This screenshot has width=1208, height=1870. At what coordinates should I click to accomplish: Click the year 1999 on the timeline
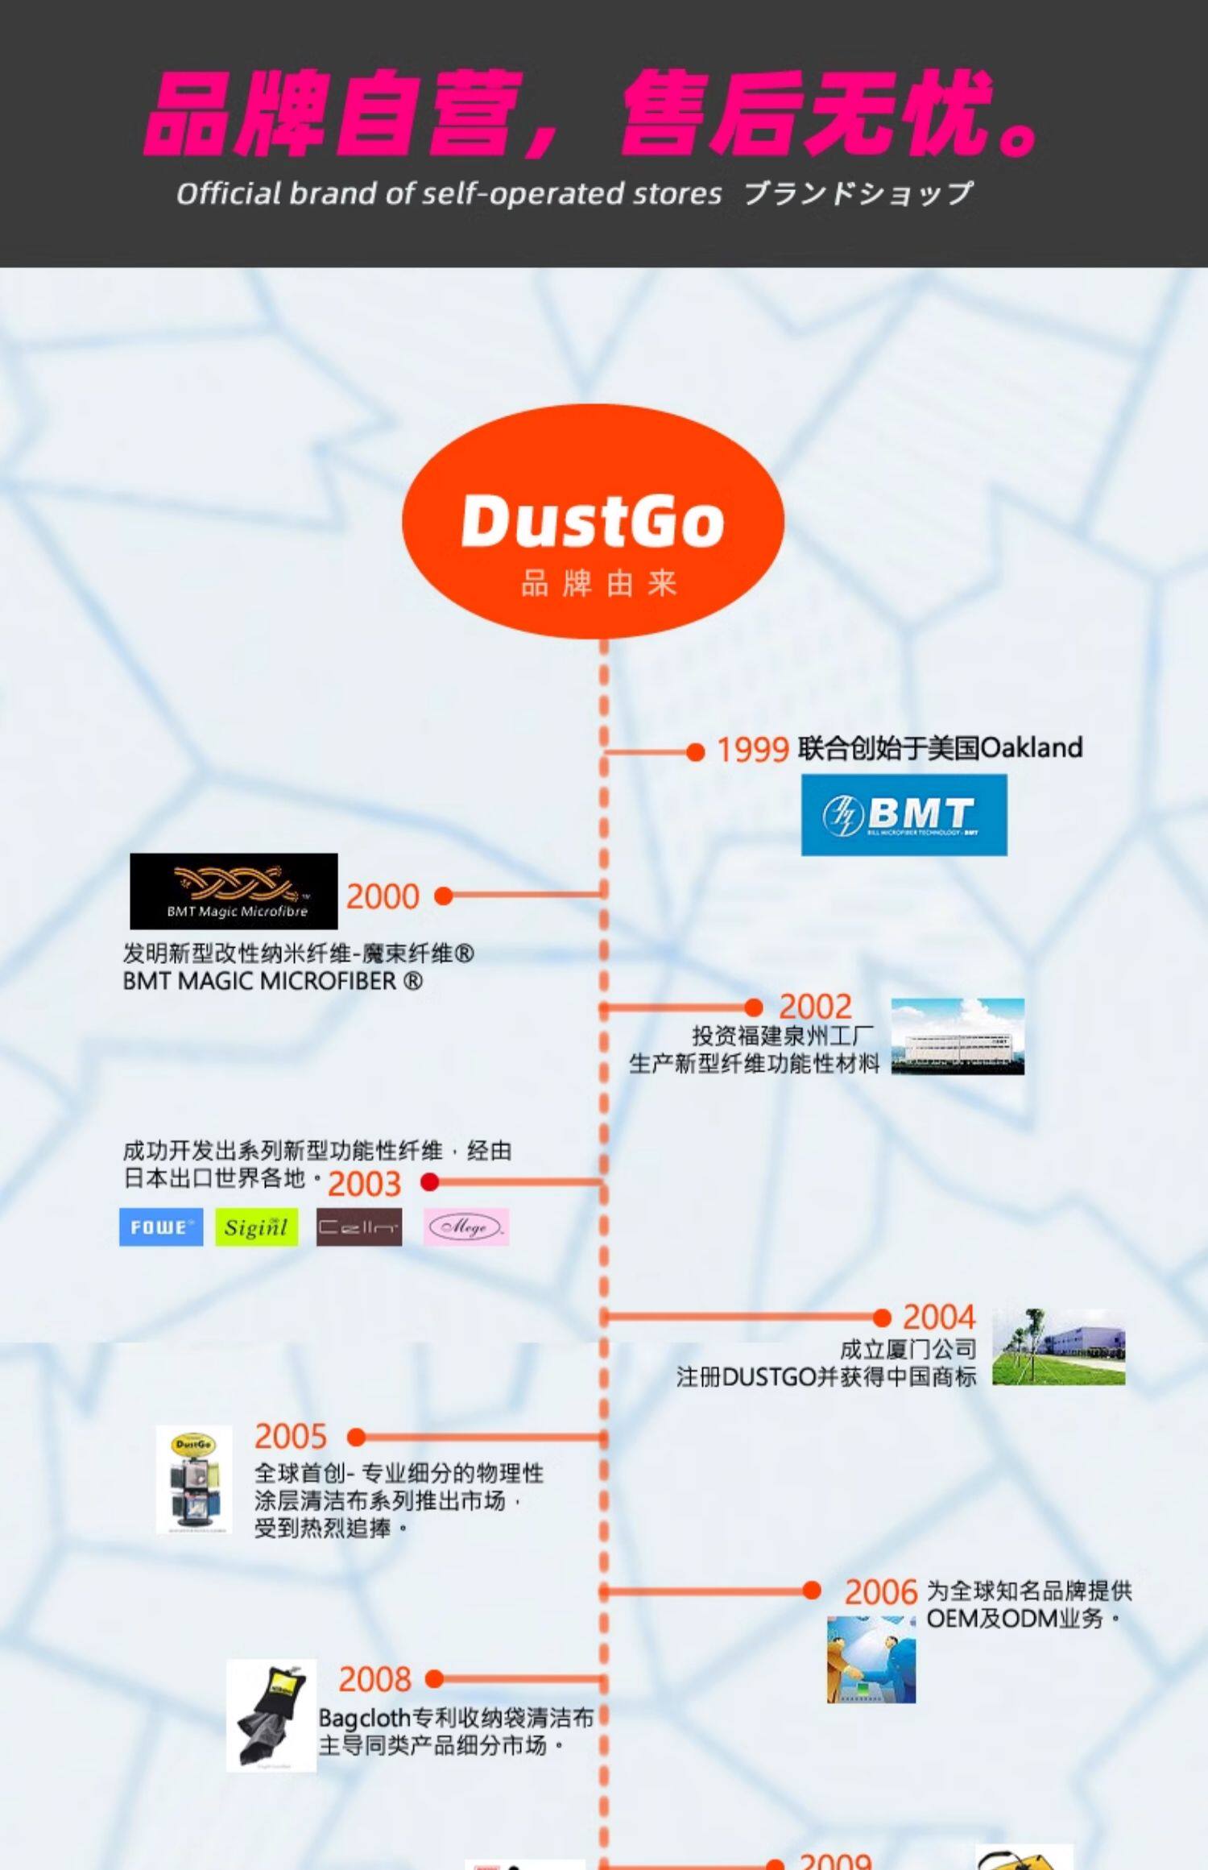tap(751, 750)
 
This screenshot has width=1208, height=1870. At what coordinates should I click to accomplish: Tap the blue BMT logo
tap(904, 814)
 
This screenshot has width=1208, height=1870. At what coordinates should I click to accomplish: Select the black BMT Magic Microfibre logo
tap(234, 891)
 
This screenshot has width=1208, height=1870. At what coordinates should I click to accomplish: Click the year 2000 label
tap(383, 896)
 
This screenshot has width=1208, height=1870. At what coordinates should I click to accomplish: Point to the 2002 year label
tap(815, 1007)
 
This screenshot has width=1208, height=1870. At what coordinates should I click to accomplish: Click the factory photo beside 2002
tap(958, 1036)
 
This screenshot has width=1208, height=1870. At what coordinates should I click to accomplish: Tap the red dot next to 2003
tap(429, 1181)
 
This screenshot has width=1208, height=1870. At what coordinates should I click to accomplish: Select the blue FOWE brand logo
tap(161, 1227)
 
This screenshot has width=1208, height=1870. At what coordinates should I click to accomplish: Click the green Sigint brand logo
tap(256, 1227)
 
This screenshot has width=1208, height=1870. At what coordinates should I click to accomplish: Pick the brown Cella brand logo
tap(358, 1227)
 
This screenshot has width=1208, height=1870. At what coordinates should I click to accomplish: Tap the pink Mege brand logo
tap(466, 1227)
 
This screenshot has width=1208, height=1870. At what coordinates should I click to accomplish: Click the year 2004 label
tap(938, 1318)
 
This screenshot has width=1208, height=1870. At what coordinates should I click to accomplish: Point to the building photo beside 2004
tap(1058, 1347)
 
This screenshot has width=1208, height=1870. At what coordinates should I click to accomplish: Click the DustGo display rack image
tap(194, 1479)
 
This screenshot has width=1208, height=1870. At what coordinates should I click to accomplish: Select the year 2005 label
tap(291, 1437)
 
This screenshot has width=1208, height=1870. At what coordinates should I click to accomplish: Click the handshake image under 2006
tap(871, 1659)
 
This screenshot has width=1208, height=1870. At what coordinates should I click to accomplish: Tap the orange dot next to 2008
tap(434, 1679)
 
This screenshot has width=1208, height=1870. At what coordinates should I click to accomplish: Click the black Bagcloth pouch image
tap(271, 1715)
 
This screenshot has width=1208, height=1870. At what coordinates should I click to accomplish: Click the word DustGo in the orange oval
tap(593, 521)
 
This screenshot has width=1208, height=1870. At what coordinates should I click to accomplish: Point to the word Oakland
tap(1032, 747)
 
